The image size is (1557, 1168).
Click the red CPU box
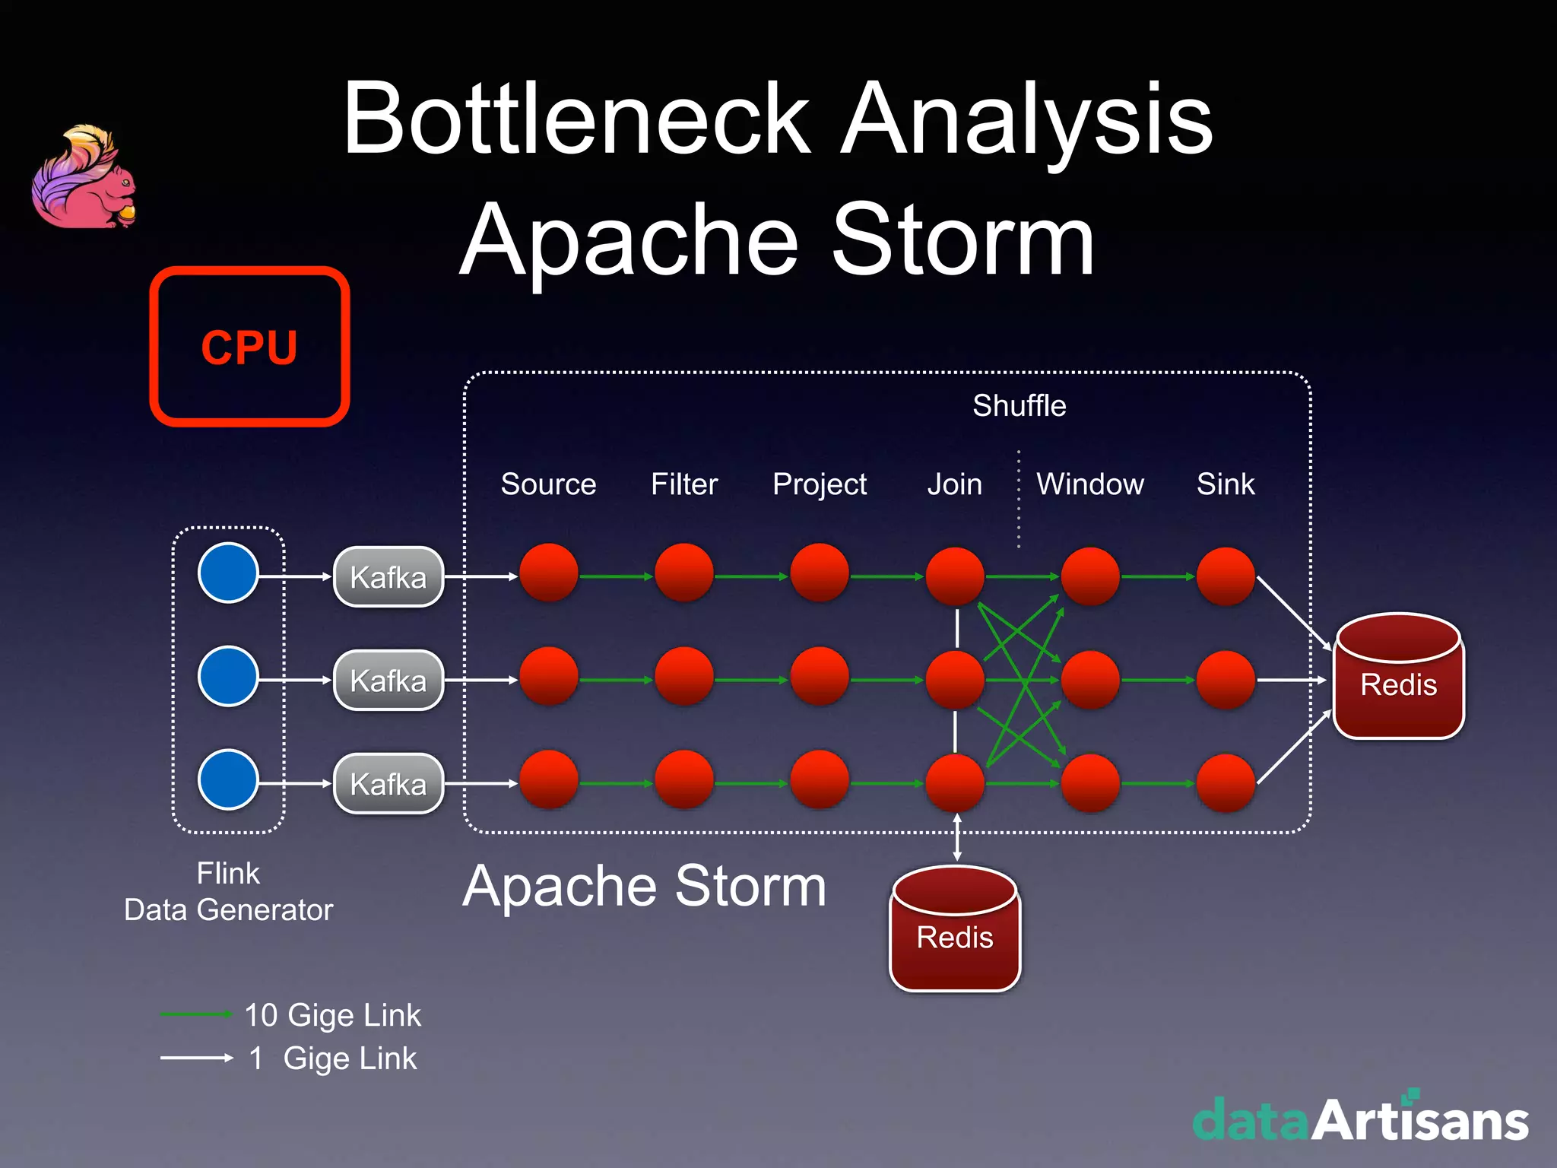coord(249,347)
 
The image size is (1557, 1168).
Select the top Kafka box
coord(388,577)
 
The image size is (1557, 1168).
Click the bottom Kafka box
coord(388,784)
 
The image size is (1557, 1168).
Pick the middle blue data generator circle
coord(228,676)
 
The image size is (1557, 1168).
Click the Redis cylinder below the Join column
coord(955,929)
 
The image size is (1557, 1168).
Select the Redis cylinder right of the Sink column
coord(1398,677)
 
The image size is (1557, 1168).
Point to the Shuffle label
coord(1019,405)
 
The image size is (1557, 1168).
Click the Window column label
coord(1089,484)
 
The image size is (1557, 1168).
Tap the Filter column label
coord(684,484)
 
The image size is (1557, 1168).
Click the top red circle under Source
coord(549,573)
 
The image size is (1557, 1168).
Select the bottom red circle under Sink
coord(1226,782)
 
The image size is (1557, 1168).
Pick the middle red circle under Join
coord(955,679)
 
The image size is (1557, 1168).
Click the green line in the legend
coord(195,1014)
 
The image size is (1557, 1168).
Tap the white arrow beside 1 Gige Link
coord(195,1058)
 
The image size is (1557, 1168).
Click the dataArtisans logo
coord(1360,1119)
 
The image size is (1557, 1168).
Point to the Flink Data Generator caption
coord(228,891)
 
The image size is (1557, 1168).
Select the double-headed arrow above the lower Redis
coord(956,837)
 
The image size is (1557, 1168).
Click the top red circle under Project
coord(820,573)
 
